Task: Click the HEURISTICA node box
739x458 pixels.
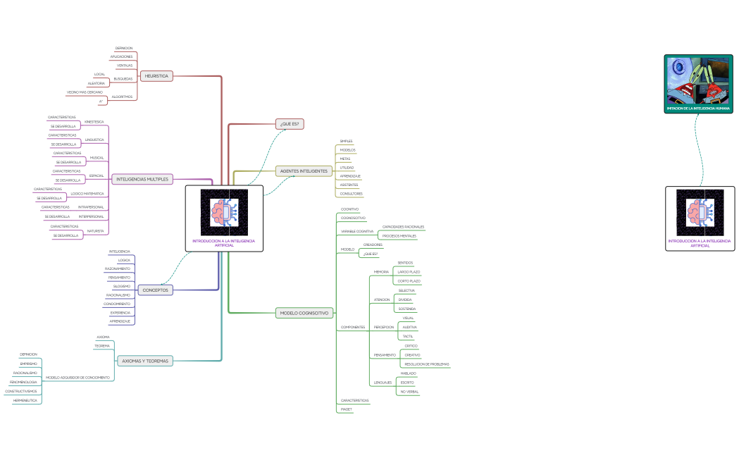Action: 156,75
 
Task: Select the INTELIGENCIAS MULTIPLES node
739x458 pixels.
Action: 142,179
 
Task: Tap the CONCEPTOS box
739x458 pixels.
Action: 155,290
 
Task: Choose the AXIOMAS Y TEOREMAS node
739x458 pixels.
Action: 145,360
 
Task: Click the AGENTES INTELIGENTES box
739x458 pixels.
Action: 304,171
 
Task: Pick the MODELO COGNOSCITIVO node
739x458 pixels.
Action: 304,313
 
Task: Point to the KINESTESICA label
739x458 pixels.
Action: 94,122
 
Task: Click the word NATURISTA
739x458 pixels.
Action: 95,230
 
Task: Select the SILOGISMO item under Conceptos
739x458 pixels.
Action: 121,286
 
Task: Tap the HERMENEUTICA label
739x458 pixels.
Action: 25,400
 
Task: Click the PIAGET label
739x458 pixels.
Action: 346,409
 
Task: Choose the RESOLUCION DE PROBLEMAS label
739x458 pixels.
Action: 426,364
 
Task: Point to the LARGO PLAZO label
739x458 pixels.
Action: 409,271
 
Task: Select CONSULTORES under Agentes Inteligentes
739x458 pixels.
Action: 351,193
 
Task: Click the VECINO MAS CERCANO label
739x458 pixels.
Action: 85,92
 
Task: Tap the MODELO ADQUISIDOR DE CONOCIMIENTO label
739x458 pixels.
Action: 77,378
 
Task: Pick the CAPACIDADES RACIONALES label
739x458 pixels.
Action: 403,226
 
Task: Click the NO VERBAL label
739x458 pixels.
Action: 409,391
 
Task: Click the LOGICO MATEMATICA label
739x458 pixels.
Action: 87,193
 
